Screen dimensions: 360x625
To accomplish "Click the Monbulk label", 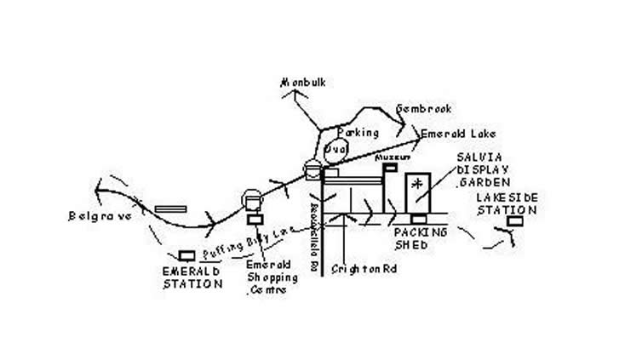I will pos(304,83).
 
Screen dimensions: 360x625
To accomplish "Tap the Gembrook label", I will pos(422,109).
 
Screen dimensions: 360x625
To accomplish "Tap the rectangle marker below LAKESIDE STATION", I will pos(513,221).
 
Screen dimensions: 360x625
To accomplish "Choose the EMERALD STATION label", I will pos(192,277).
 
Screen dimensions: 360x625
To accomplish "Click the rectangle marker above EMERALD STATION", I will pos(187,255).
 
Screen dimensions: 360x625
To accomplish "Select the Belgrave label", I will pos(100,216).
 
